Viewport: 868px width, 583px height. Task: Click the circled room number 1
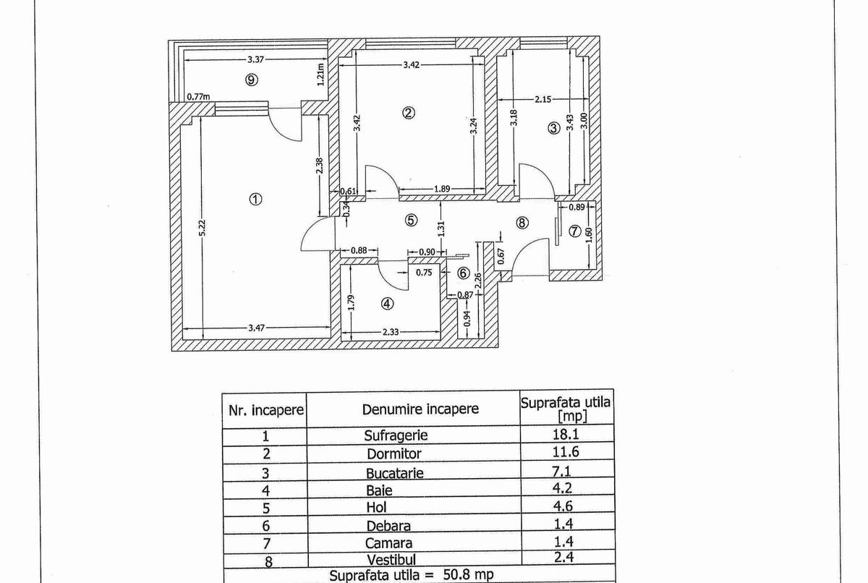[255, 199]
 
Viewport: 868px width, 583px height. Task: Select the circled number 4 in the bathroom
[387, 305]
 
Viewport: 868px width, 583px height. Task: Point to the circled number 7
[575, 231]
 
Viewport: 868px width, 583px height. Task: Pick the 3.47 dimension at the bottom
[257, 328]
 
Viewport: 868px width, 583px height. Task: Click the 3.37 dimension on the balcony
[255, 60]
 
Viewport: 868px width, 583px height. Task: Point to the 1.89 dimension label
[442, 189]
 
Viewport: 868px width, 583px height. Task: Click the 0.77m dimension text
[197, 96]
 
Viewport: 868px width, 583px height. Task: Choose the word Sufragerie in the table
[396, 435]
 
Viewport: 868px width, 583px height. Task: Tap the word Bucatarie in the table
[394, 473]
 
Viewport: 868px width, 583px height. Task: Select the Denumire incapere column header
[420, 409]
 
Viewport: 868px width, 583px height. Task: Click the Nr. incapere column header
[266, 410]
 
